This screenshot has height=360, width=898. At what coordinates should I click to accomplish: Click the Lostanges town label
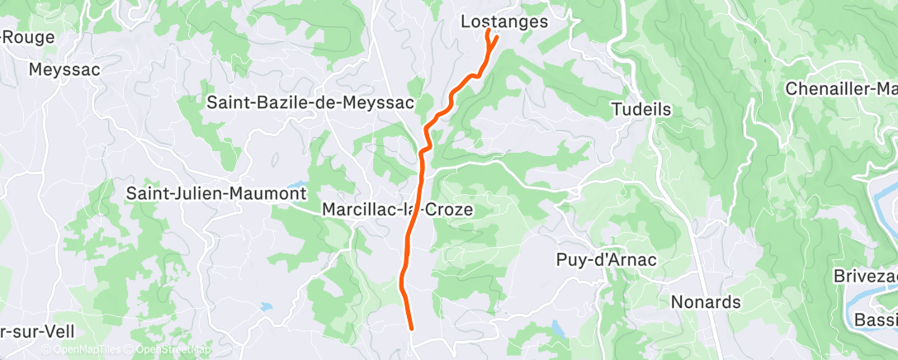pos(503,22)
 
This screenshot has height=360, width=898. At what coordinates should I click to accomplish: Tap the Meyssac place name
pos(64,69)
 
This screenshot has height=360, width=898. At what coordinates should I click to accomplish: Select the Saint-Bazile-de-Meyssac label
pos(311,102)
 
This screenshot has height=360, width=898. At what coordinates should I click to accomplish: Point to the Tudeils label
pos(641,109)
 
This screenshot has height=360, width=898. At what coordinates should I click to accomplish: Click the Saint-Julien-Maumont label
pos(216,193)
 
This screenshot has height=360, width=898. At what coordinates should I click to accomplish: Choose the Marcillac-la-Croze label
pos(398,210)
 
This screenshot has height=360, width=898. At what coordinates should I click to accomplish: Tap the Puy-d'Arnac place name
pos(604,260)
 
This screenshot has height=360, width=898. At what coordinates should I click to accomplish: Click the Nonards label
pos(706,301)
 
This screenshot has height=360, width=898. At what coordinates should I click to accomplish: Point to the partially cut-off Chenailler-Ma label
pos(841,88)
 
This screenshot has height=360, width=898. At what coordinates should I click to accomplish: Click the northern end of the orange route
pos(489,31)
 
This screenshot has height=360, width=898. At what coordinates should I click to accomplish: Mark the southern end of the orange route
pos(411,328)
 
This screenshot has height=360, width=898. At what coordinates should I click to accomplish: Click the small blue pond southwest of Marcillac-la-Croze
pos(266,307)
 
